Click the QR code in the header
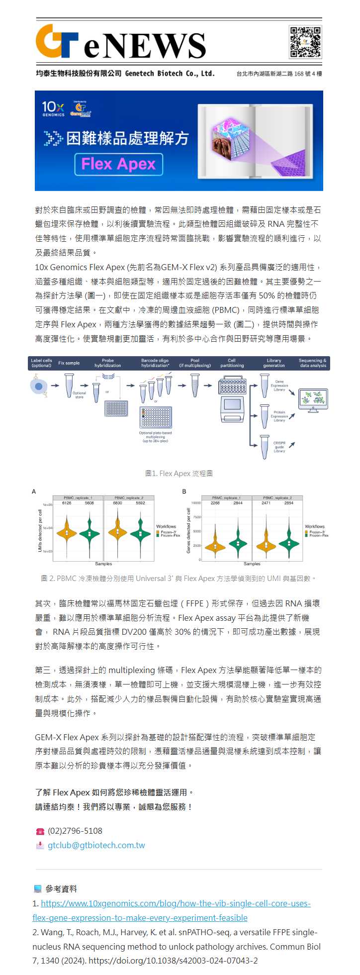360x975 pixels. click(305, 42)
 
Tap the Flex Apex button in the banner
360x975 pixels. click(119, 164)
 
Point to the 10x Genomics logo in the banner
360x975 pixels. click(53, 108)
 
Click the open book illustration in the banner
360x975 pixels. click(255, 140)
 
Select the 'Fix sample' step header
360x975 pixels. click(69, 363)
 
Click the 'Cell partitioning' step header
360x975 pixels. click(232, 363)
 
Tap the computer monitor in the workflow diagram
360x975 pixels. click(313, 399)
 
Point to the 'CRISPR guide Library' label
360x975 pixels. click(279, 447)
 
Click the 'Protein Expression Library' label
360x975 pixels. click(279, 416)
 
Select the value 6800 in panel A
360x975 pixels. click(117, 503)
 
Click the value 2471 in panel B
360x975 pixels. click(266, 503)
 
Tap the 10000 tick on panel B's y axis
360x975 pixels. click(196, 503)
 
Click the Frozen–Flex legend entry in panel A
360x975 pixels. click(170, 535)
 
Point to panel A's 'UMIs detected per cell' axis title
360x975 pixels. click(40, 530)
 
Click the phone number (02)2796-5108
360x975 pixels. click(75, 831)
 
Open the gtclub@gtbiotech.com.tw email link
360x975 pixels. click(96, 845)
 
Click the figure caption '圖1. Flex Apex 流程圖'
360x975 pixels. click(179, 474)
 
